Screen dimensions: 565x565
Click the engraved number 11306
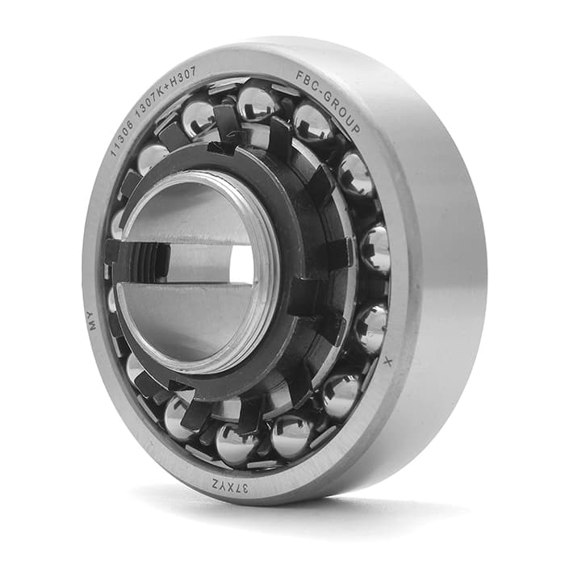(121, 137)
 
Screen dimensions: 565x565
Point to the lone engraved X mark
(387, 362)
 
